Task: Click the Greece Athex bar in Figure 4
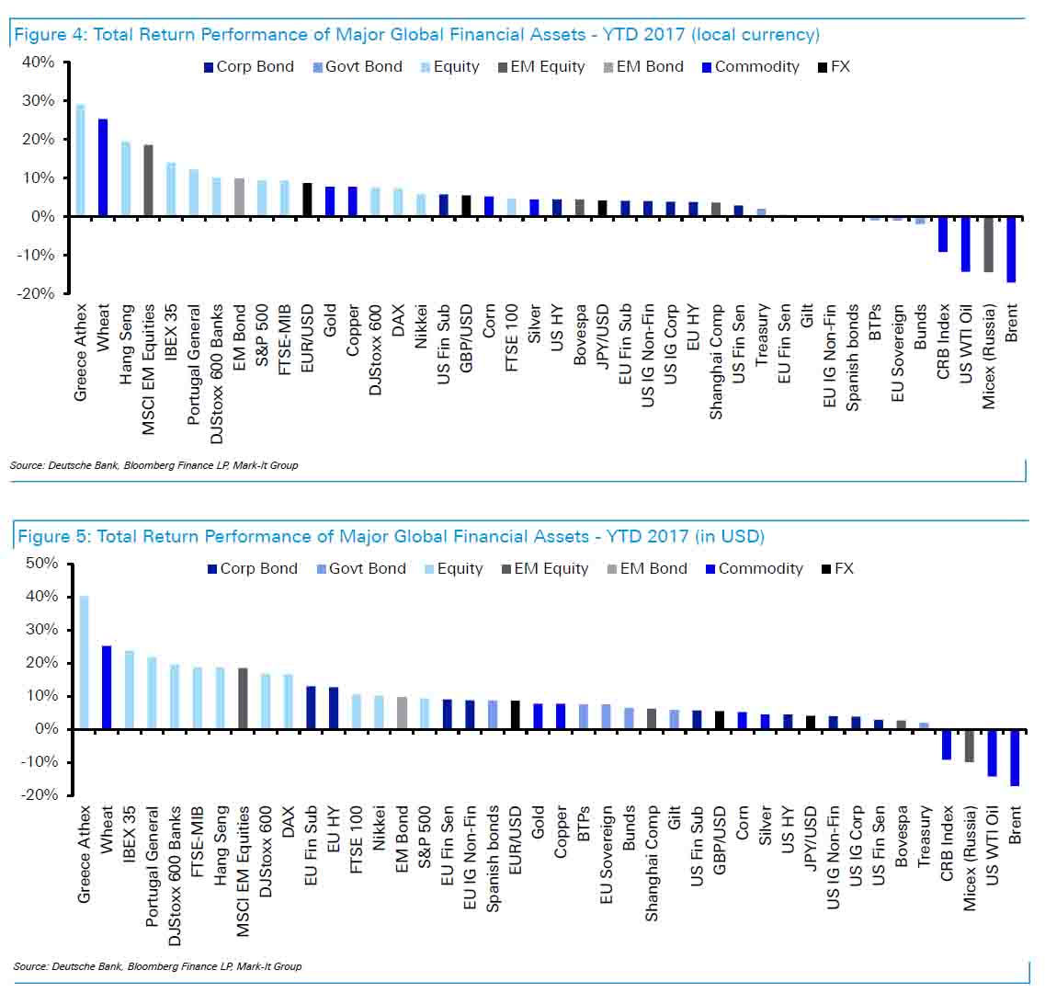click(80, 160)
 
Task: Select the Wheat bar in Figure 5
click(107, 687)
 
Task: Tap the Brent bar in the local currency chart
click(1011, 249)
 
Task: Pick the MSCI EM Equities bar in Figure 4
click(148, 180)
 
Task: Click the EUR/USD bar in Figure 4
click(307, 200)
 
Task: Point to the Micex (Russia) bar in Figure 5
click(969, 746)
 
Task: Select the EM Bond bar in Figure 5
click(402, 713)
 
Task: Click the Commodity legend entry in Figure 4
click(751, 67)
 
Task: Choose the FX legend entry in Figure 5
click(837, 569)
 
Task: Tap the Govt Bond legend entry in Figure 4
click(358, 67)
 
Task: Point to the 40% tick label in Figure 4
click(38, 62)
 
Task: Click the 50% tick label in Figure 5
click(41, 563)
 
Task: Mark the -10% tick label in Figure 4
click(36, 255)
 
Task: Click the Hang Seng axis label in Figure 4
click(126, 344)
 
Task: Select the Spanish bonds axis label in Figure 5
click(493, 858)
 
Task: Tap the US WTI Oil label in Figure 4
click(966, 344)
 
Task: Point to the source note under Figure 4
click(154, 465)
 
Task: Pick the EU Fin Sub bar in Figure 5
click(311, 708)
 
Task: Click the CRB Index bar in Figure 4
click(943, 234)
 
